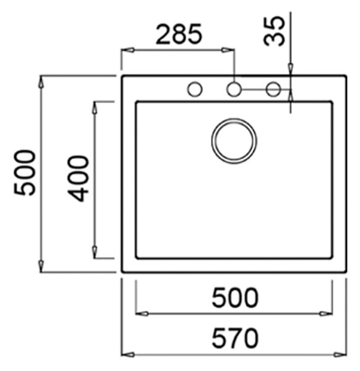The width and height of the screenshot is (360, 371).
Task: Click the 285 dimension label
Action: pos(179,34)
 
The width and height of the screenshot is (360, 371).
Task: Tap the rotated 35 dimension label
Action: pos(274,31)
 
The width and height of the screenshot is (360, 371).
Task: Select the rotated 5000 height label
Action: pos(25,173)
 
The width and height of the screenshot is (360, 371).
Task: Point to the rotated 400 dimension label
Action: pos(78,179)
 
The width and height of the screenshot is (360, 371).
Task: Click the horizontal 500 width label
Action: pos(235,297)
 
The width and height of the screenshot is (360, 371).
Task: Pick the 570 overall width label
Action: pos(235,338)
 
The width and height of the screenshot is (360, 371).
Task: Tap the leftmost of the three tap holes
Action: pos(195,90)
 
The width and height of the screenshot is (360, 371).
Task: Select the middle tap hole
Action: pos(234,90)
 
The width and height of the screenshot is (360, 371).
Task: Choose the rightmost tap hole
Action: pos(273,90)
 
